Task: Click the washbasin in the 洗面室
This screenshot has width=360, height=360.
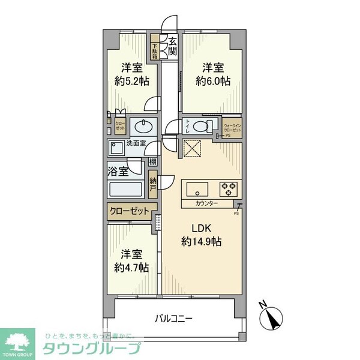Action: coord(143,126)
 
